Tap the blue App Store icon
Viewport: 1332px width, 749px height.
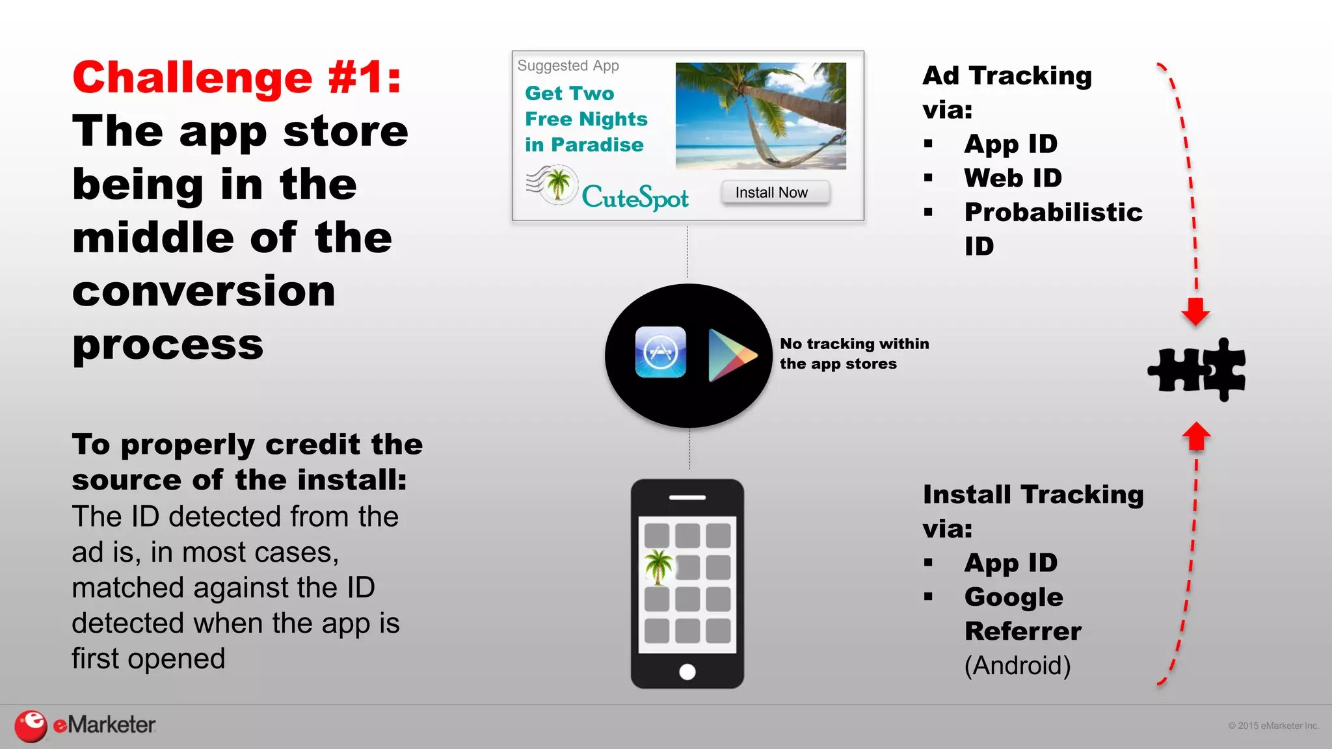[x=660, y=352]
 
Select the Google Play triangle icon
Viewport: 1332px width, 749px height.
[x=731, y=355]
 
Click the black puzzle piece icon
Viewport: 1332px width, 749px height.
[x=1197, y=369]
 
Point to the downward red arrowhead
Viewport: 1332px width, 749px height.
[x=1195, y=311]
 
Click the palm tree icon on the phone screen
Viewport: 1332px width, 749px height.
[x=658, y=566]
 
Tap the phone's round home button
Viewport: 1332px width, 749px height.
[x=687, y=672]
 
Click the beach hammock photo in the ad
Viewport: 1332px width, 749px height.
[x=760, y=116]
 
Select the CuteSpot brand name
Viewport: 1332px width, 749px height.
[x=635, y=197]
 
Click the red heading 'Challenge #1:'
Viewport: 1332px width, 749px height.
[x=237, y=77]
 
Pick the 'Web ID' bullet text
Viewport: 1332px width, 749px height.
[x=1013, y=177]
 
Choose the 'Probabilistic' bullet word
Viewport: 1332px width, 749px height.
[x=1053, y=212]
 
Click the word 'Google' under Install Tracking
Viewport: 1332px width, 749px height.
[x=1013, y=597]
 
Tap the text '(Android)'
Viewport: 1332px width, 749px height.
[x=1017, y=665]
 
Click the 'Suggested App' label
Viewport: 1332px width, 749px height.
[x=568, y=66]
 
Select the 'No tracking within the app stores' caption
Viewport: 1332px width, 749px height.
[x=853, y=353]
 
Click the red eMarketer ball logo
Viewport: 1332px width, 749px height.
[x=31, y=726]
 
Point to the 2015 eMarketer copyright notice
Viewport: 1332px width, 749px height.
[x=1273, y=726]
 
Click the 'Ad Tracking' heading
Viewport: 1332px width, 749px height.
[x=1007, y=75]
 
